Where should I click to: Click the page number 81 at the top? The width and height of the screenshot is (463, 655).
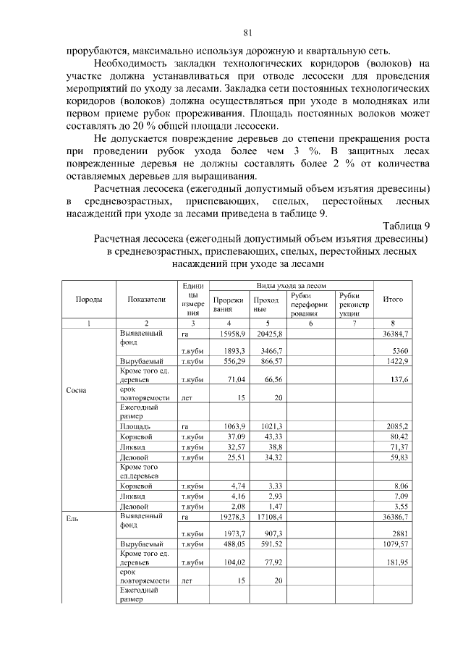click(247, 33)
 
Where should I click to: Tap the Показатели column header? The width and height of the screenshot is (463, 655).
click(146, 299)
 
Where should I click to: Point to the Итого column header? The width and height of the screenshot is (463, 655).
click(393, 299)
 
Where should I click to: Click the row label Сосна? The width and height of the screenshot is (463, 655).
click(76, 390)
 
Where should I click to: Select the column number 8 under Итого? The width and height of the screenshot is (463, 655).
click(393, 323)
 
